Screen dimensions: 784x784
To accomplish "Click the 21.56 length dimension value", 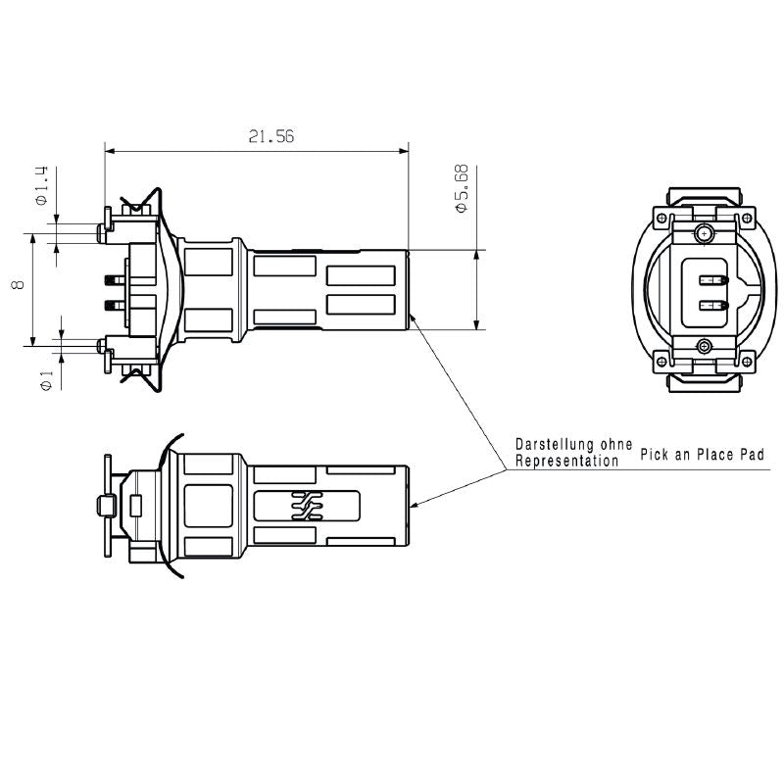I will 271,137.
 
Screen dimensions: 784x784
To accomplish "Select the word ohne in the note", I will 616,444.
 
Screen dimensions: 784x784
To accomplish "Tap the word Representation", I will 567,460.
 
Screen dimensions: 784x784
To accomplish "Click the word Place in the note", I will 710,456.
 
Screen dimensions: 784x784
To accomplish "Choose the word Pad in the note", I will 751,456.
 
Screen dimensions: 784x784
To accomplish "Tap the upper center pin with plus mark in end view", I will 703,233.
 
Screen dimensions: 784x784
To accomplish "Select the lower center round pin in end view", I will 704,346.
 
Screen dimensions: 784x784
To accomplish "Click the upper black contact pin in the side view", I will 111,279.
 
